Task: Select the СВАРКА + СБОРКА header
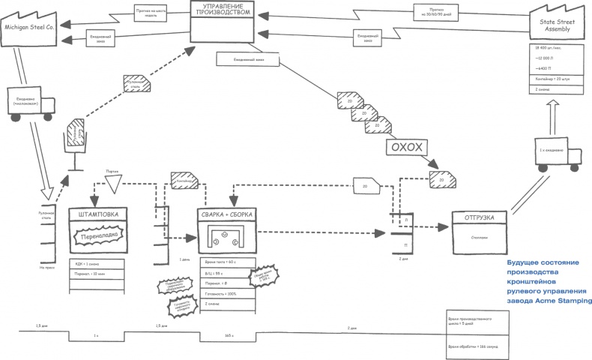point(226,215)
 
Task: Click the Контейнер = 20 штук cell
point(553,78)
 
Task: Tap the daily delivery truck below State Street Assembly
point(557,156)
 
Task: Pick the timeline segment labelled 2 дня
point(351,328)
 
